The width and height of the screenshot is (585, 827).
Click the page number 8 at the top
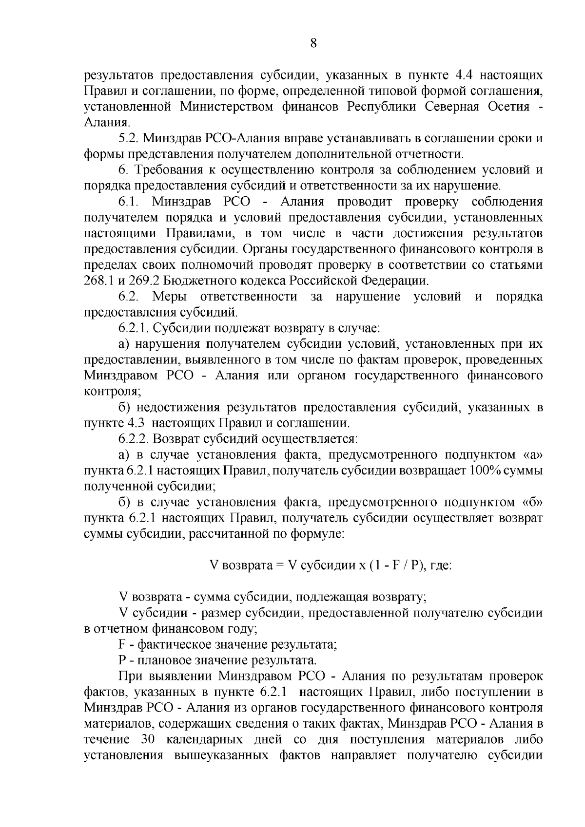[x=313, y=43]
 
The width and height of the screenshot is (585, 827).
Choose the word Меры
[x=169, y=297]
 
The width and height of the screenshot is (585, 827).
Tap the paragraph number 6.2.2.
[x=135, y=439]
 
